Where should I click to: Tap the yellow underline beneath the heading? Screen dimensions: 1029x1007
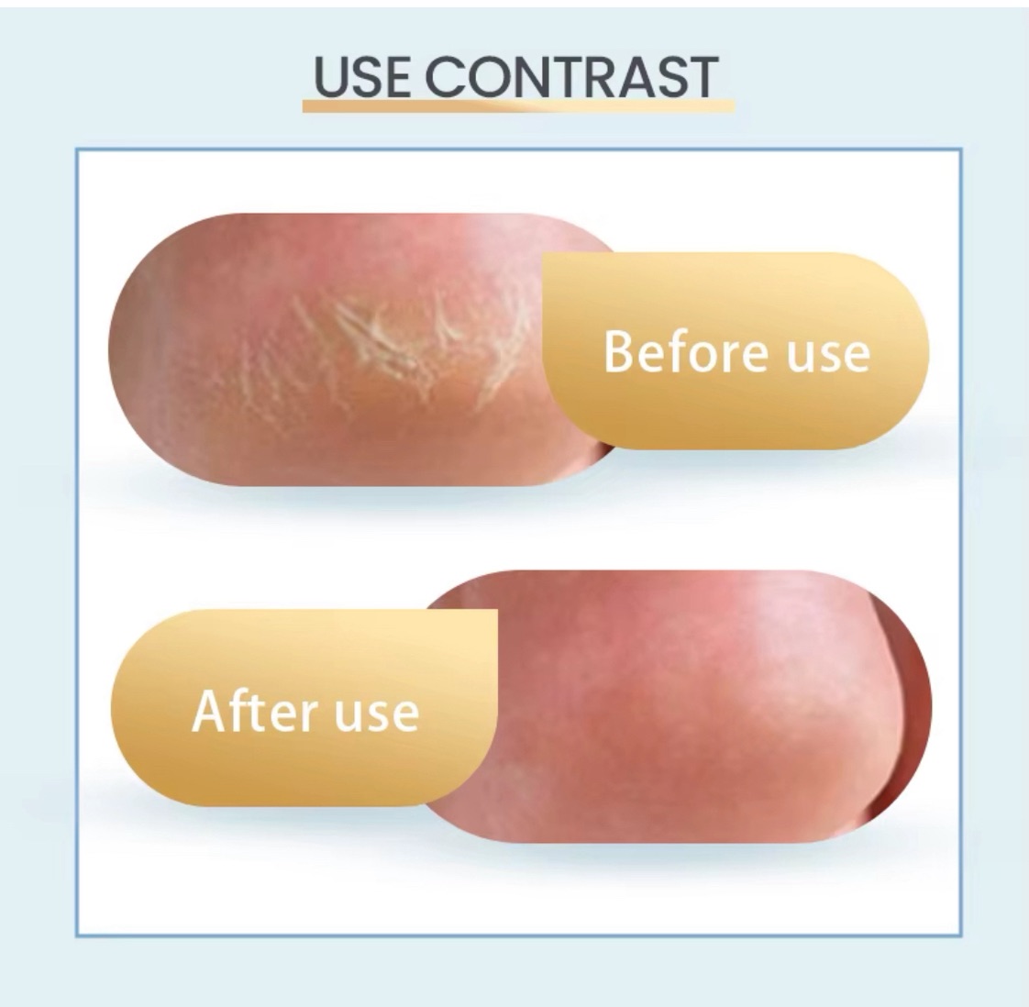(518, 105)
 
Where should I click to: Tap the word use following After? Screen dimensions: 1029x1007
(377, 715)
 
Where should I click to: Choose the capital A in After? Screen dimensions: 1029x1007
(209, 710)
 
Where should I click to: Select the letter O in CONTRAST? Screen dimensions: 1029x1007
(501, 77)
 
